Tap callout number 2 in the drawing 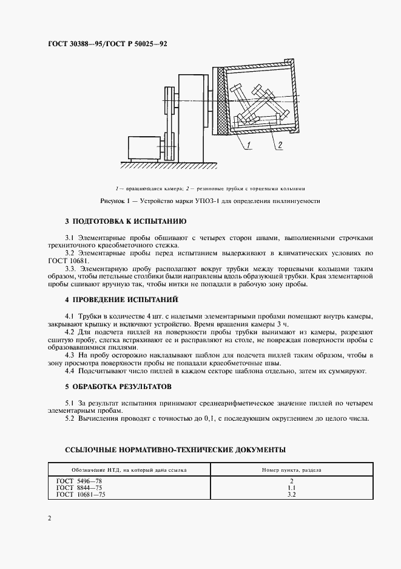click(279, 144)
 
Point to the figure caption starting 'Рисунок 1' click(210, 200)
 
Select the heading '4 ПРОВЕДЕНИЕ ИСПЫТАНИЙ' click(121, 300)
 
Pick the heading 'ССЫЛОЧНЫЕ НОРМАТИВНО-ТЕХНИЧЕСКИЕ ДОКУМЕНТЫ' click(175, 450)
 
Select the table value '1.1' click(292, 488)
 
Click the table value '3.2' click(292, 495)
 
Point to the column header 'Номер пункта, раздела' click(292, 470)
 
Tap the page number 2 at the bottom click(49, 519)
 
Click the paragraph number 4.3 click(70, 354)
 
